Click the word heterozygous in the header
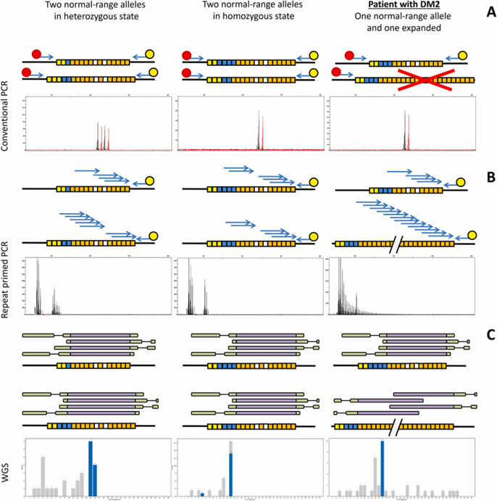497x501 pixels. (80, 25)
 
